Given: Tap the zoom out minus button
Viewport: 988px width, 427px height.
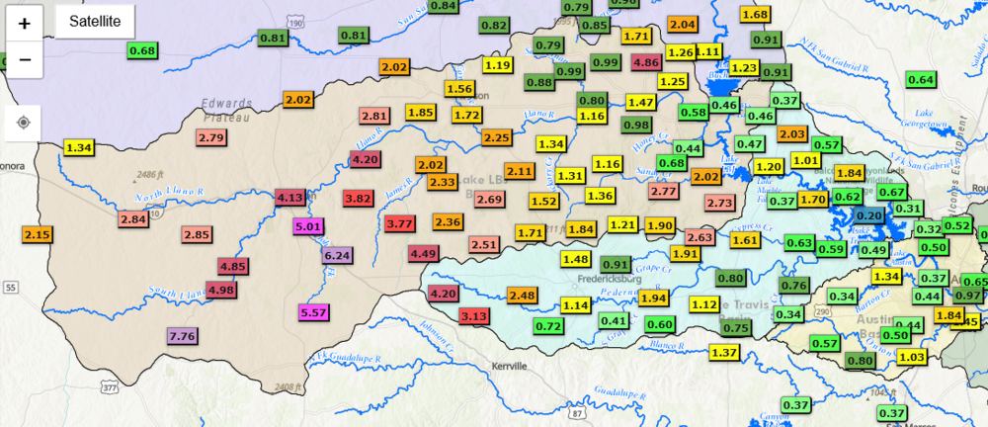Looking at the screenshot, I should [25, 59].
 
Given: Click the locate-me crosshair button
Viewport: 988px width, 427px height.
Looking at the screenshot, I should [25, 124].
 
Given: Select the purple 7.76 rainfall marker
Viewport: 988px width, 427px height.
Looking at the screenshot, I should [183, 336].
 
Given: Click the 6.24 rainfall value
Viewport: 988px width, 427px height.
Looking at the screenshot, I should [338, 255].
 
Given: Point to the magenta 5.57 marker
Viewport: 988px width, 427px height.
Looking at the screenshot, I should [313, 313].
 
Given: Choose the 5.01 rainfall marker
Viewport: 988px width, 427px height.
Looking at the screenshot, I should [309, 226].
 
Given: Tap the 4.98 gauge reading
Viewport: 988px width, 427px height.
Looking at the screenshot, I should [221, 290].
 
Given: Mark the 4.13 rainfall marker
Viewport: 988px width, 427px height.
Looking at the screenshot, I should [289, 198].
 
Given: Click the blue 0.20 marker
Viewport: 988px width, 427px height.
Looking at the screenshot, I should [869, 215].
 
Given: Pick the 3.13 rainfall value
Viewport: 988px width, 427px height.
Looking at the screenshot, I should [474, 316].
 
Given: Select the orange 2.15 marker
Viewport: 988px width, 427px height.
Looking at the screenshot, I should [38, 234].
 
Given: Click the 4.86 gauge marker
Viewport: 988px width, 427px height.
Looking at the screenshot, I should [646, 63].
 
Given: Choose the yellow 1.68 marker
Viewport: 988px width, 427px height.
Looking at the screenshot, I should [755, 14].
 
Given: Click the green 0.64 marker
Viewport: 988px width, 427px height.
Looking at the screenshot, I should [921, 80].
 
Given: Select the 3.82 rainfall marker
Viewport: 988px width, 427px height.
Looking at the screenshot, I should [358, 199].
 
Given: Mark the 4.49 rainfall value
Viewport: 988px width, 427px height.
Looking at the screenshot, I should [424, 254].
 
